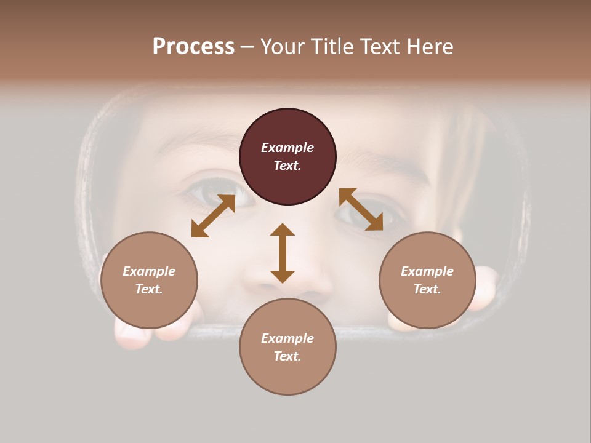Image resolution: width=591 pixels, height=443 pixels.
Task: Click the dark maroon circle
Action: point(287,156)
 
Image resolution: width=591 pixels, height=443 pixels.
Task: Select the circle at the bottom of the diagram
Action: point(287,346)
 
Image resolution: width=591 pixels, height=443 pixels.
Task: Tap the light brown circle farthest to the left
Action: point(149,280)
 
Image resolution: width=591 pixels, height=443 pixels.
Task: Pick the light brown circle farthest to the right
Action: point(427,280)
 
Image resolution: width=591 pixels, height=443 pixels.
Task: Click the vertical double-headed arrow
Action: point(283,253)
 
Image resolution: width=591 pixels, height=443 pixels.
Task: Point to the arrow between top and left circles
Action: point(213,215)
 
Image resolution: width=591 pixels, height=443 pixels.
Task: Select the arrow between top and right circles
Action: point(361,209)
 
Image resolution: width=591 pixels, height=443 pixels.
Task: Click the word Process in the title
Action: point(193,46)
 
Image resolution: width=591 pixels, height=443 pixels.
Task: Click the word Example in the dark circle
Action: point(287,148)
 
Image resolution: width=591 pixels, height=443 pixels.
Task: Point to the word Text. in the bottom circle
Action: point(287,356)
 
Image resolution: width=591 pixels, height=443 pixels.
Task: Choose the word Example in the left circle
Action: point(149,271)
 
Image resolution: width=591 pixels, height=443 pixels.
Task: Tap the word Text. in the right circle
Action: point(427,289)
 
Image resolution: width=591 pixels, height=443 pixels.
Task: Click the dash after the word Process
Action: point(247,47)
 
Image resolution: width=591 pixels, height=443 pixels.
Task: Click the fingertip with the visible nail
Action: point(131,335)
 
